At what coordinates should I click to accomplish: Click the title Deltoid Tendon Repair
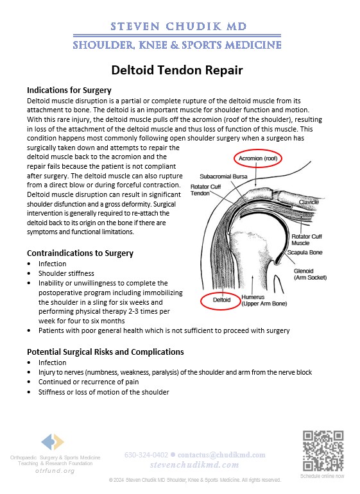pos(177,70)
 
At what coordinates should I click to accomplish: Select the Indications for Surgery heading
pos(69,90)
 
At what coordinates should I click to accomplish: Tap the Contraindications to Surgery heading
pos(80,253)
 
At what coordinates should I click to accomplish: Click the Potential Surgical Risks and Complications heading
pos(105,352)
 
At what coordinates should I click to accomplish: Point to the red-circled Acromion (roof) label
pos(258,158)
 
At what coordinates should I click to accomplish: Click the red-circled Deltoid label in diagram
pos(221,300)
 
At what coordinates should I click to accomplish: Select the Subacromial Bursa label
pos(223,176)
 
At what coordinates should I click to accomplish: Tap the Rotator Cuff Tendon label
pos(205,190)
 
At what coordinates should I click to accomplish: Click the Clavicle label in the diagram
pos(309,202)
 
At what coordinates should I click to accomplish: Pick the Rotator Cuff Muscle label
pos(306,240)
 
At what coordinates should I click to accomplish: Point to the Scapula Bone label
pos(305,252)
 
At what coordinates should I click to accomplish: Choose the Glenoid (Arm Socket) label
pos(310,274)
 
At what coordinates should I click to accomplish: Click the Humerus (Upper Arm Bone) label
pos(264,300)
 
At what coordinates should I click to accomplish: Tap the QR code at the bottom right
pos(323,451)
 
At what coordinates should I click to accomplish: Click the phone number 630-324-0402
pos(146,455)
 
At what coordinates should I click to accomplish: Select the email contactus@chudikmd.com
pos(221,455)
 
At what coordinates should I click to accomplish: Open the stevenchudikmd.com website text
pos(194,465)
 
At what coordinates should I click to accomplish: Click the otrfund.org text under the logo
pos(55,471)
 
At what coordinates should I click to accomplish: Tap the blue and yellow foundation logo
pos(53,441)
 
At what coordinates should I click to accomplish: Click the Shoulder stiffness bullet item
pos(66,273)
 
